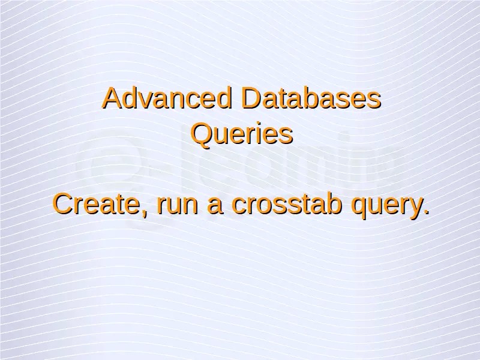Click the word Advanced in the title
click(167, 98)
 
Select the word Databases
click(311, 98)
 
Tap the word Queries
click(242, 133)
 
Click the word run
click(177, 206)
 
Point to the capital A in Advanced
click(113, 98)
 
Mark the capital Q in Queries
click(202, 133)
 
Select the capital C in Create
click(64, 204)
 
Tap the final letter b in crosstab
click(334, 204)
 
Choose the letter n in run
click(191, 206)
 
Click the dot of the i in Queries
click(260, 125)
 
